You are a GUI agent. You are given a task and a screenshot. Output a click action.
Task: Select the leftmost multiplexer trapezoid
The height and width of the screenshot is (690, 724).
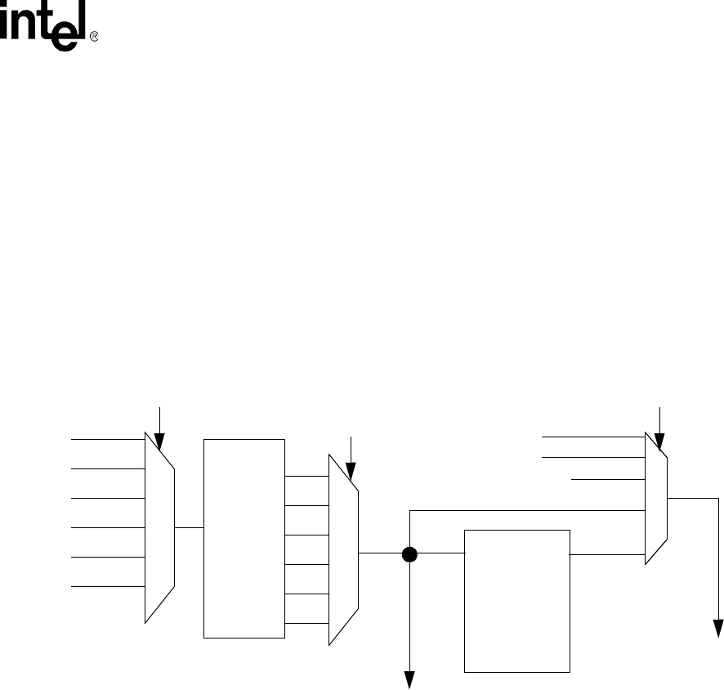pyautogui.click(x=160, y=527)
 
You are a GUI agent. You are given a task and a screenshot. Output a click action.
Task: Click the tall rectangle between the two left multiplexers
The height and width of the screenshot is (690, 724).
pyautogui.click(x=244, y=538)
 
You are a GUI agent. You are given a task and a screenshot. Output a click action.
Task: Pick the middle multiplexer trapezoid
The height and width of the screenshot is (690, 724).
pyautogui.click(x=343, y=551)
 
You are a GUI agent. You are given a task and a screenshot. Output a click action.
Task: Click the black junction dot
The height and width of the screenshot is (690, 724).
pyautogui.click(x=410, y=553)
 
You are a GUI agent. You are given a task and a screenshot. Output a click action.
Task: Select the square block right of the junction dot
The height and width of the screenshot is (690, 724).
pyautogui.click(x=516, y=601)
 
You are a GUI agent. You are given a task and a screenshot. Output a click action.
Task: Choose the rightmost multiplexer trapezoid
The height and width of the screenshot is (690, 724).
pyautogui.click(x=656, y=498)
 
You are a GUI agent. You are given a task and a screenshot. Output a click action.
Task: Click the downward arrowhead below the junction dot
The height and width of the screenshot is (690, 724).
pyautogui.click(x=410, y=679)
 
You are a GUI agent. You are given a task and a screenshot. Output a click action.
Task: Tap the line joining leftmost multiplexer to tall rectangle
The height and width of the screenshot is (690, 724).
pyautogui.click(x=189, y=527)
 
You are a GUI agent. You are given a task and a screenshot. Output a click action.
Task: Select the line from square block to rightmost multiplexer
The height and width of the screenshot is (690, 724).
pyautogui.click(x=606, y=553)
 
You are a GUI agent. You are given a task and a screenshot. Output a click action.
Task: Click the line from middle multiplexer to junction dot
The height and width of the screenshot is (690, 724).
pyautogui.click(x=381, y=553)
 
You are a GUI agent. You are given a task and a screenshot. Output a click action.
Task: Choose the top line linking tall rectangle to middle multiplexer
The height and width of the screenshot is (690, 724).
pyautogui.click(x=306, y=476)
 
